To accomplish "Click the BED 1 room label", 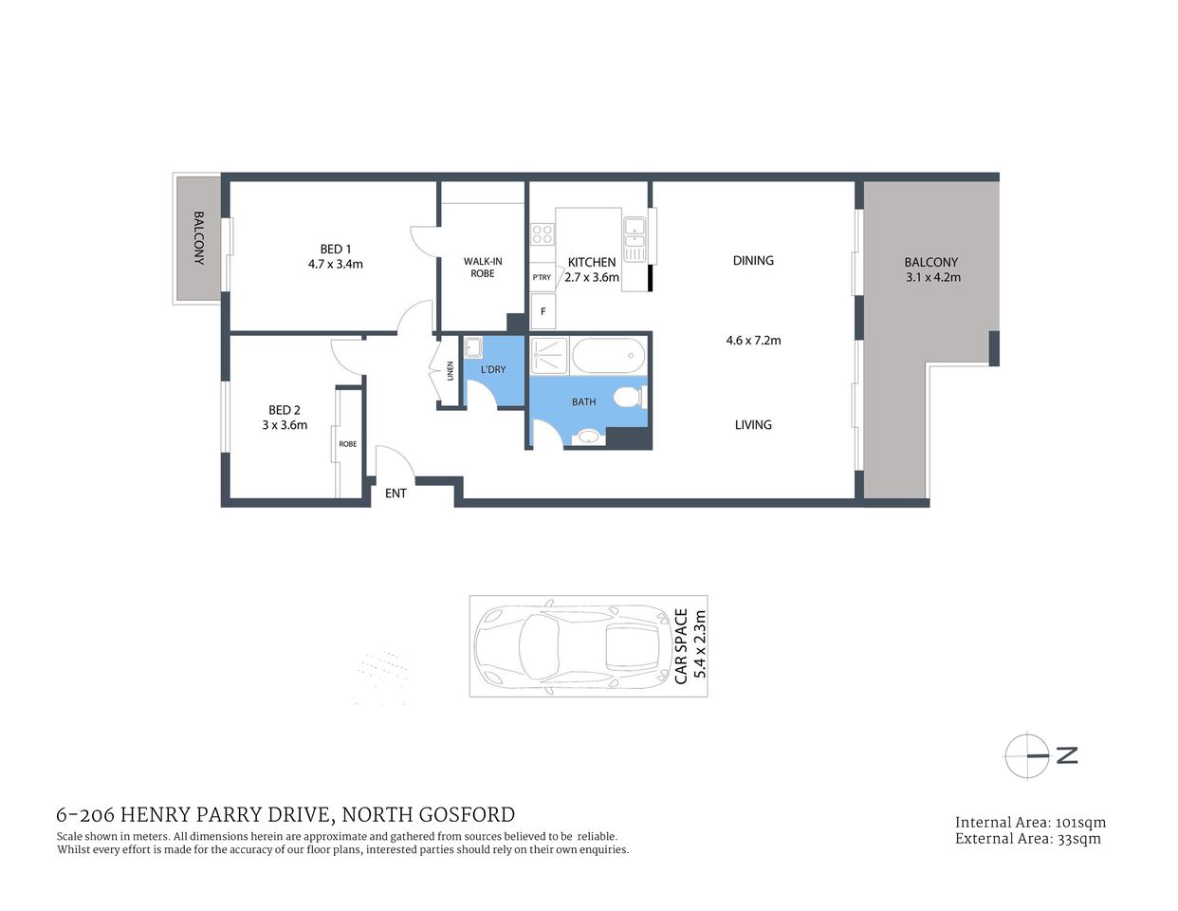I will tap(336, 249).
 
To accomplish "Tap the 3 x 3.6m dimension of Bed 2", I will tap(285, 425).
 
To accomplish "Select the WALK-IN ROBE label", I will tap(483, 267).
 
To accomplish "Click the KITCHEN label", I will tap(592, 262).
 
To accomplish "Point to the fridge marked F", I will tap(543, 310).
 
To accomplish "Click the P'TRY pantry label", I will tap(542, 277).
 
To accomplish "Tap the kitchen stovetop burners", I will tap(542, 233).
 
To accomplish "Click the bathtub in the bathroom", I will tap(608, 357).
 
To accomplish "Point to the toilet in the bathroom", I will tap(628, 397).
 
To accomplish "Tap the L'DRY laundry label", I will tap(493, 369).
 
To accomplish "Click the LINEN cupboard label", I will tap(451, 371).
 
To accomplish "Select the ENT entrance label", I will tap(396, 493).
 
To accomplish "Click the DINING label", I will tap(753, 260).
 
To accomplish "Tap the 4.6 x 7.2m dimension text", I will tap(753, 340).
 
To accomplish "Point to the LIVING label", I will tap(753, 424).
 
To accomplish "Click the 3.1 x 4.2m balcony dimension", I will tap(933, 277).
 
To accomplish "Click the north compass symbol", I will tap(1027, 756).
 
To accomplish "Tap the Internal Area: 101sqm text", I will tap(1030, 823).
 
